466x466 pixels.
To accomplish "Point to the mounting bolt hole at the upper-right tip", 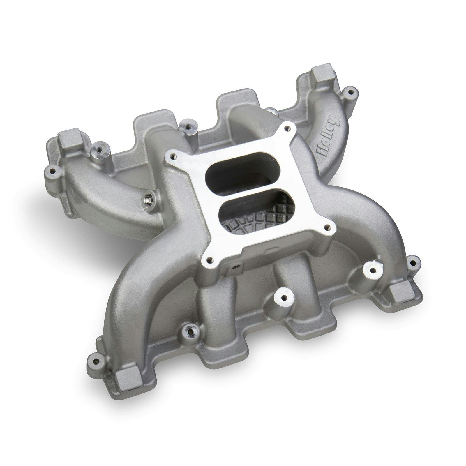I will tap(351, 92).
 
